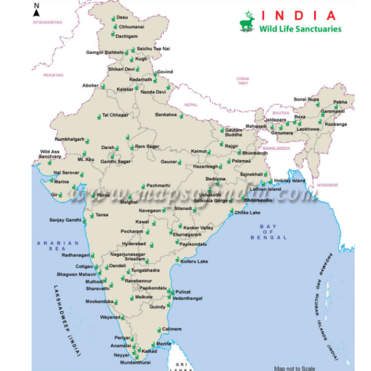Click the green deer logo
(x=247, y=22)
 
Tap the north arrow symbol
(x=36, y=9)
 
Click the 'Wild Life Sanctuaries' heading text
(x=300, y=29)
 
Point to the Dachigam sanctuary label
(x=128, y=36)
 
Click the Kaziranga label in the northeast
(x=336, y=124)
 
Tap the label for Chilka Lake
(x=247, y=213)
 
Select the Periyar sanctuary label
(x=122, y=338)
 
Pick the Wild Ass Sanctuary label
(x=50, y=154)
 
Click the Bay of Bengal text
(x=268, y=232)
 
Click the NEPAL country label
(x=191, y=104)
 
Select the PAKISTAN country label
(x=53, y=75)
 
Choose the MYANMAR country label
(x=328, y=185)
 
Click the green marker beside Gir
(x=60, y=195)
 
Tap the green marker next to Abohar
(x=103, y=86)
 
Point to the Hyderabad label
(x=134, y=244)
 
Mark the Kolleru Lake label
(x=194, y=261)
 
